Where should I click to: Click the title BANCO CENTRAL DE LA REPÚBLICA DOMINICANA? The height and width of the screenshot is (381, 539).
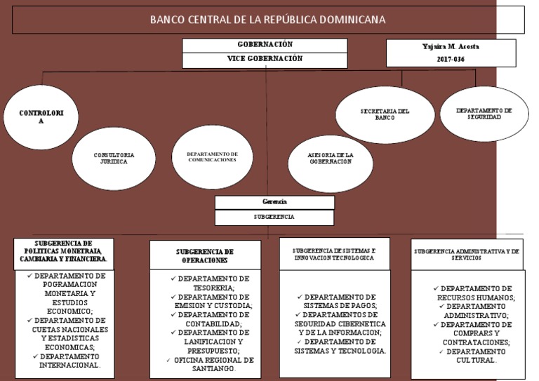pyautogui.click(x=267, y=20)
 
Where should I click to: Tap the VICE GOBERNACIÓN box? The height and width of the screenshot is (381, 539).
pyautogui.click(x=265, y=60)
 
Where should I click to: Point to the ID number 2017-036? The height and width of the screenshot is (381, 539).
pyautogui.click(x=450, y=60)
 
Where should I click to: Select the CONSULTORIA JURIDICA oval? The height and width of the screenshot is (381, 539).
pyautogui.click(x=113, y=158)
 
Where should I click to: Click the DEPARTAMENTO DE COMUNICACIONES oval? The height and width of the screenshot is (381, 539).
pyautogui.click(x=212, y=157)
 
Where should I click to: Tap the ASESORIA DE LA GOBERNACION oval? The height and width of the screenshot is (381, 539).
pyautogui.click(x=330, y=158)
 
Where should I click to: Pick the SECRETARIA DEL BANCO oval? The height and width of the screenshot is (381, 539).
pyautogui.click(x=385, y=114)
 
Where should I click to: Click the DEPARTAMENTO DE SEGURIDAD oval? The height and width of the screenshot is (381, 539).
pyautogui.click(x=484, y=114)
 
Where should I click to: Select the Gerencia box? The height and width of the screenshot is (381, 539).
pyautogui.click(x=274, y=202)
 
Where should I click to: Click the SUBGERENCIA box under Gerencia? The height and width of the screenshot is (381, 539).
pyautogui.click(x=274, y=218)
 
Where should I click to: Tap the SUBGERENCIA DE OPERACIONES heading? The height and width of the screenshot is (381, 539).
pyautogui.click(x=205, y=255)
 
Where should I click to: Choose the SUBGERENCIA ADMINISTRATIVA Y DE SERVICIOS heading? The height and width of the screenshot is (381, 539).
pyautogui.click(x=467, y=253)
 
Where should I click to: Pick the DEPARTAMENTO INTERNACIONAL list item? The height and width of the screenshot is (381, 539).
pyautogui.click(x=69, y=361)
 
